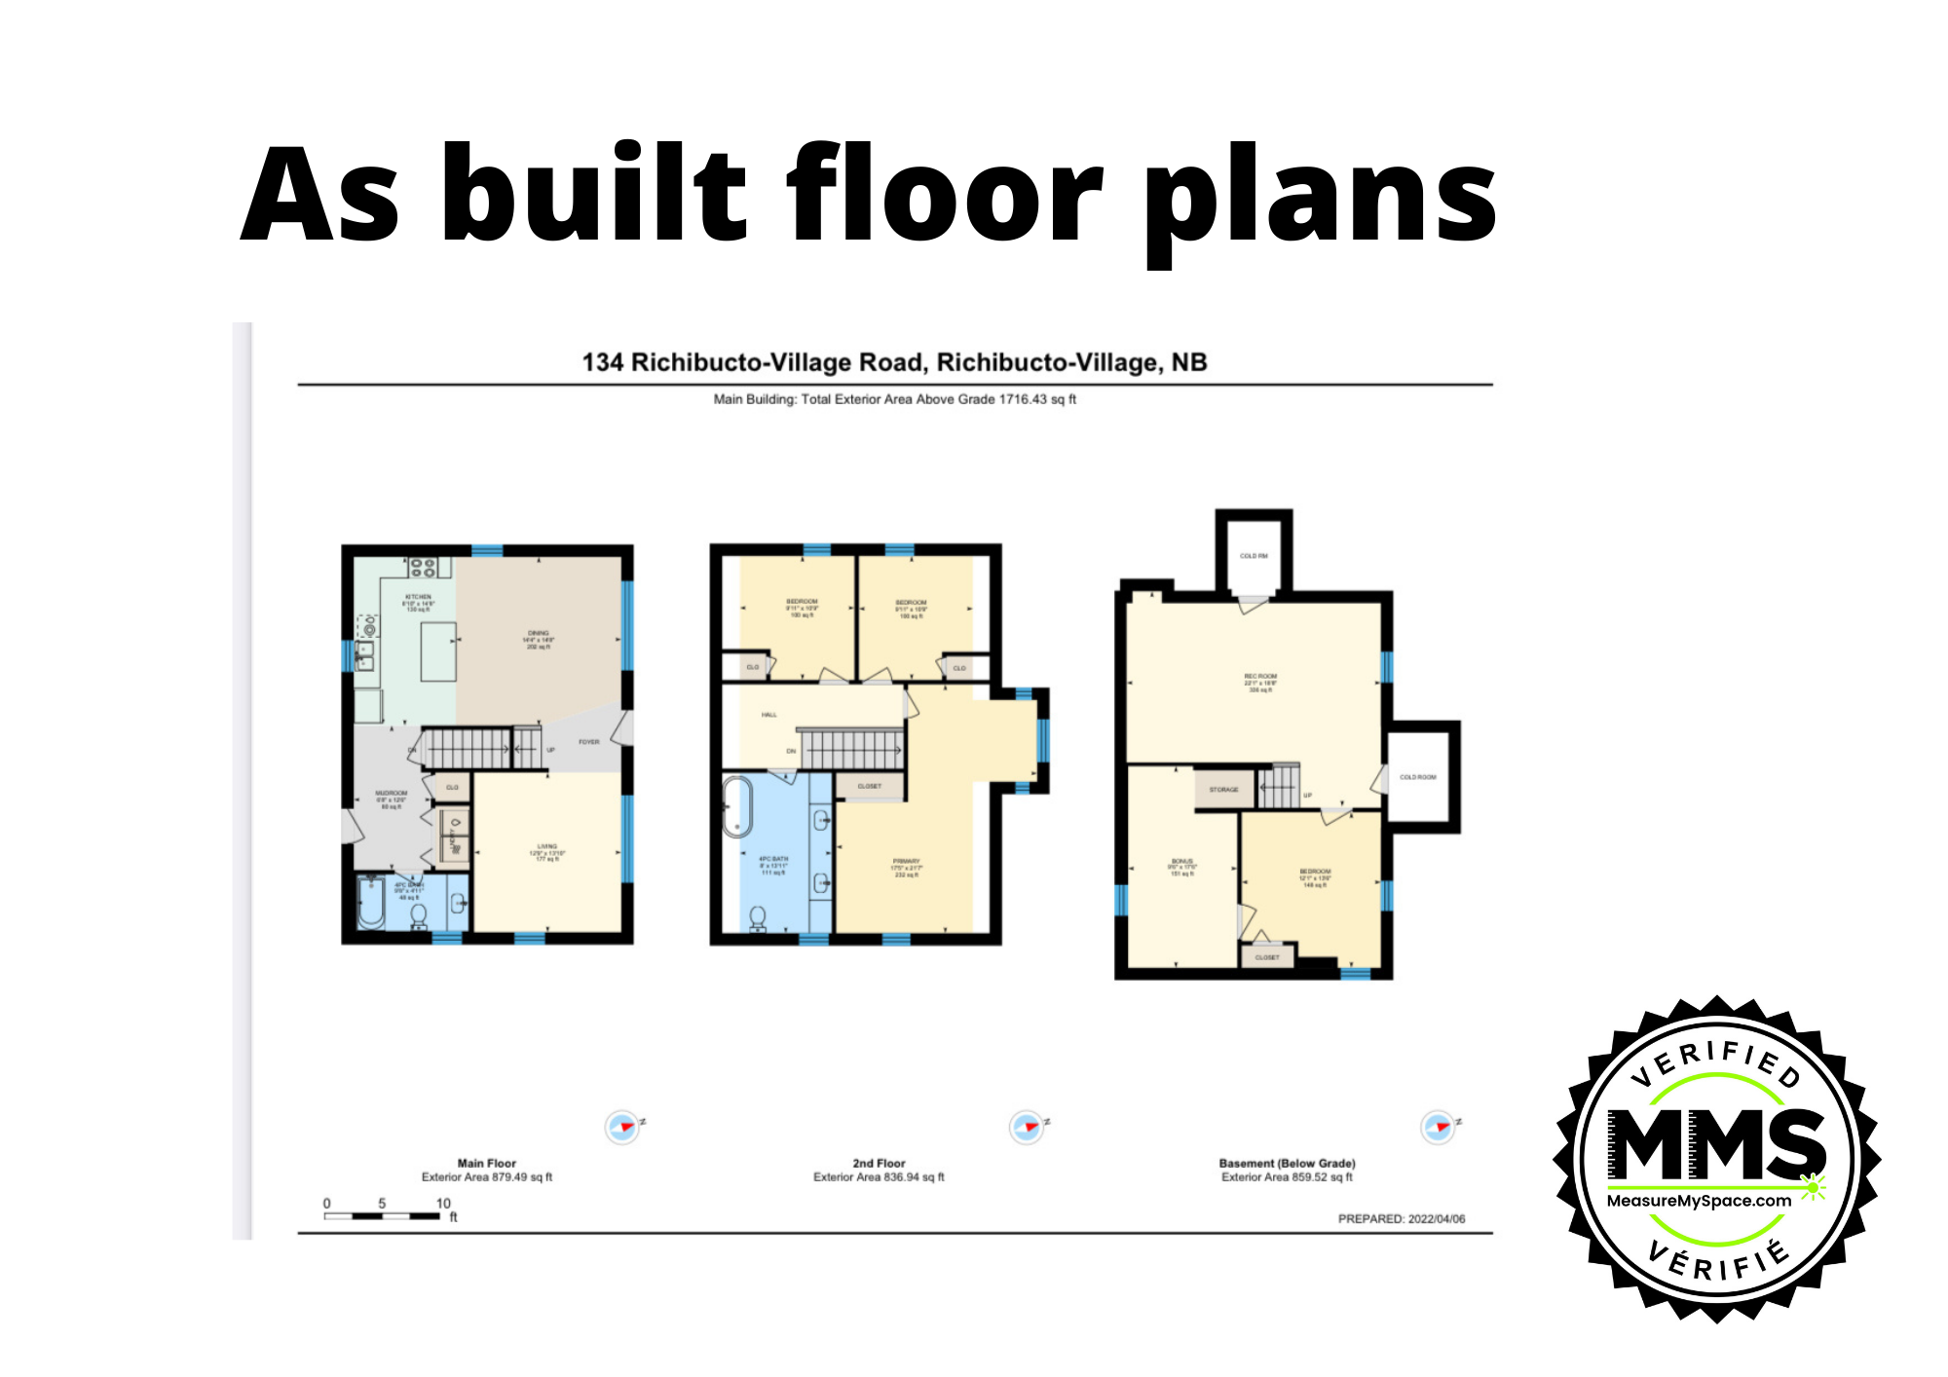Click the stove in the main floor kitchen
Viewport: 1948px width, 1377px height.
[x=422, y=567]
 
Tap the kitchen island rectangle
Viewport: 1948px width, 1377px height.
[x=438, y=651]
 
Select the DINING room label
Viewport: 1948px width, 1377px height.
[x=539, y=633]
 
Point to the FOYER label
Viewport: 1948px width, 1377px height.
[x=589, y=742]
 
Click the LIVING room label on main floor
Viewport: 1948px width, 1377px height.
[x=547, y=846]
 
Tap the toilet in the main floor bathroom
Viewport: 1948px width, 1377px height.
[x=419, y=915]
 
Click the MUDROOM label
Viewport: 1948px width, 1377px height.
[x=392, y=794]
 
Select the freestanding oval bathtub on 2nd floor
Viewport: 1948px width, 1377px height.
[x=737, y=806]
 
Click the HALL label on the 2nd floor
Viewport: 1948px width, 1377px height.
[x=769, y=715]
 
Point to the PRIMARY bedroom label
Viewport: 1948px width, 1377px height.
[x=906, y=861]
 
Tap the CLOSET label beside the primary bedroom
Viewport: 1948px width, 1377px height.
[x=870, y=786]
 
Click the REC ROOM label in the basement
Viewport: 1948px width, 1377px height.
[x=1260, y=676]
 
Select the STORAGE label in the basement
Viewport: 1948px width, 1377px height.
[x=1223, y=790]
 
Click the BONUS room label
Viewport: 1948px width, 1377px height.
[x=1181, y=862]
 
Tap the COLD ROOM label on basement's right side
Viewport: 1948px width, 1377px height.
[x=1418, y=777]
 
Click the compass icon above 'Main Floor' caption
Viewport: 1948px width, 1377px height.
[x=622, y=1127]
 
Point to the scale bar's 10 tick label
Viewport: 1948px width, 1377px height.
[x=443, y=1204]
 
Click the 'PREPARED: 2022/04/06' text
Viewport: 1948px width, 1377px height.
[x=1401, y=1219]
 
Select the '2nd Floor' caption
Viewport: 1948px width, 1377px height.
[x=879, y=1163]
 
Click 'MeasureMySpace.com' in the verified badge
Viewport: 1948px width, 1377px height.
[x=1699, y=1201]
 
